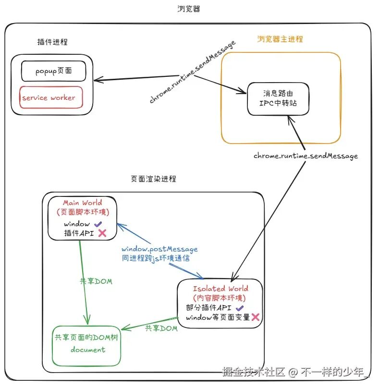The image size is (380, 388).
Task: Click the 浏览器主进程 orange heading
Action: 280,39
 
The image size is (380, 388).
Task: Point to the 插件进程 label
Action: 52,42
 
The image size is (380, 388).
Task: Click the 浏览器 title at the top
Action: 189,9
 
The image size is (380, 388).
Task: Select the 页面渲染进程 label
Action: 153,179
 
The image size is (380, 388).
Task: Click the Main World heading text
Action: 83,203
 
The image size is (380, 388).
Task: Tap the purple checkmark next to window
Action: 98,224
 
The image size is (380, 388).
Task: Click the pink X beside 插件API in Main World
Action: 102,233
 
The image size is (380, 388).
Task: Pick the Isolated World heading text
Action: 221,289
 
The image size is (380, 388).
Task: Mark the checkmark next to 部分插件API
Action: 240,308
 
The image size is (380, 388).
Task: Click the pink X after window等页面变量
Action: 256,317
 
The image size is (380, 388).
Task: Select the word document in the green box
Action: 88,350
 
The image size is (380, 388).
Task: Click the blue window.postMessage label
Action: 159,249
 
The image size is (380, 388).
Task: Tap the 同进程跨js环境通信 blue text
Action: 156,258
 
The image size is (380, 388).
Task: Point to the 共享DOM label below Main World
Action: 96,281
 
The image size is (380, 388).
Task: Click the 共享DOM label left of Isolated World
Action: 161,328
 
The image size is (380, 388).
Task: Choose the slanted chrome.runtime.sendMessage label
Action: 192,72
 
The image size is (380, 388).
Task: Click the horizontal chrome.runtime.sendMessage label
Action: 306,156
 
